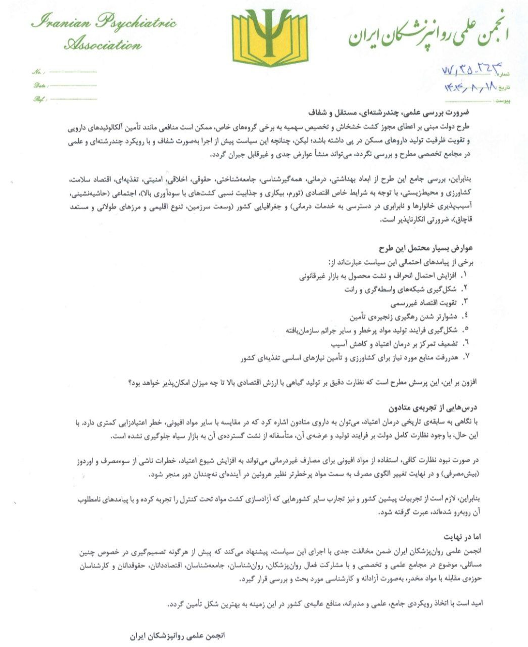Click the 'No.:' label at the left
pos(38,73)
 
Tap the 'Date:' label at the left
pos(40,85)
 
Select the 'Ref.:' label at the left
pos(39,99)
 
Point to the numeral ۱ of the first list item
pos(465,276)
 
